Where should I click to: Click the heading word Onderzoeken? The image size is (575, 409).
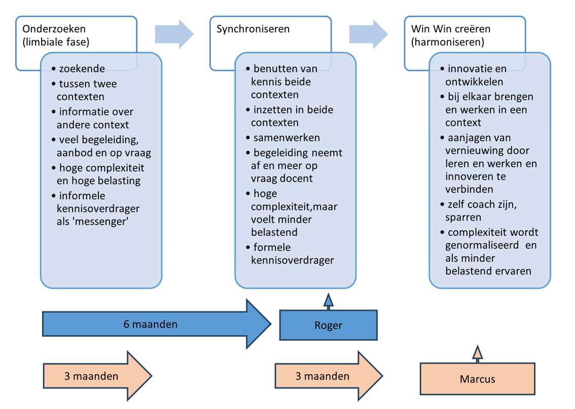click(51, 29)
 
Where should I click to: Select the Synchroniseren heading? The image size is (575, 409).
click(253, 29)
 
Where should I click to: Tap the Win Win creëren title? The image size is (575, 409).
click(451, 29)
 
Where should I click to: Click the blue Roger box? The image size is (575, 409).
click(328, 325)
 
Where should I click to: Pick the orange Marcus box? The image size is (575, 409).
click(477, 379)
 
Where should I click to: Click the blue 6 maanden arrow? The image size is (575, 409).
click(151, 324)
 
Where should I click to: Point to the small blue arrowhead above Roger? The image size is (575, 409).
click(328, 301)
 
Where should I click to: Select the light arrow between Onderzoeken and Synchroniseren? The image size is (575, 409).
click(174, 34)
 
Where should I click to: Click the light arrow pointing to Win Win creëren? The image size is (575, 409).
click(368, 34)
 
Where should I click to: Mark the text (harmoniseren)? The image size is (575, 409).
click(448, 42)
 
